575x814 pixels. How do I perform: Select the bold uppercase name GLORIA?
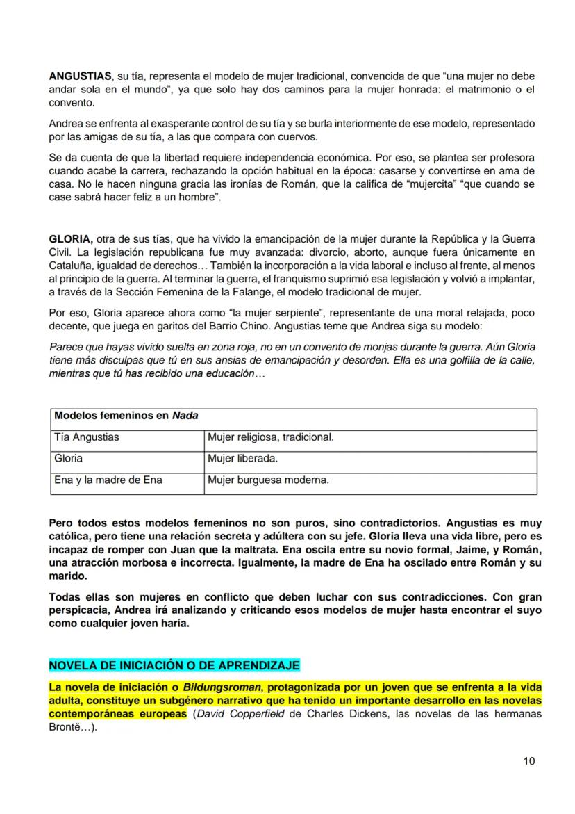point(69,238)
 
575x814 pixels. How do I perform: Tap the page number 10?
point(529,761)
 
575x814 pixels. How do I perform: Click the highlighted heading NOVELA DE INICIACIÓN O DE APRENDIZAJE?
point(174,666)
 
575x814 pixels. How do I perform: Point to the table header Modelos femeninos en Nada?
point(126,416)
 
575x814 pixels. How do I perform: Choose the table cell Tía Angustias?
point(87,437)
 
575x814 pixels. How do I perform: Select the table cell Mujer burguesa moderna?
point(268,480)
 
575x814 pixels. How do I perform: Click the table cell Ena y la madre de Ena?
point(108,480)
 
